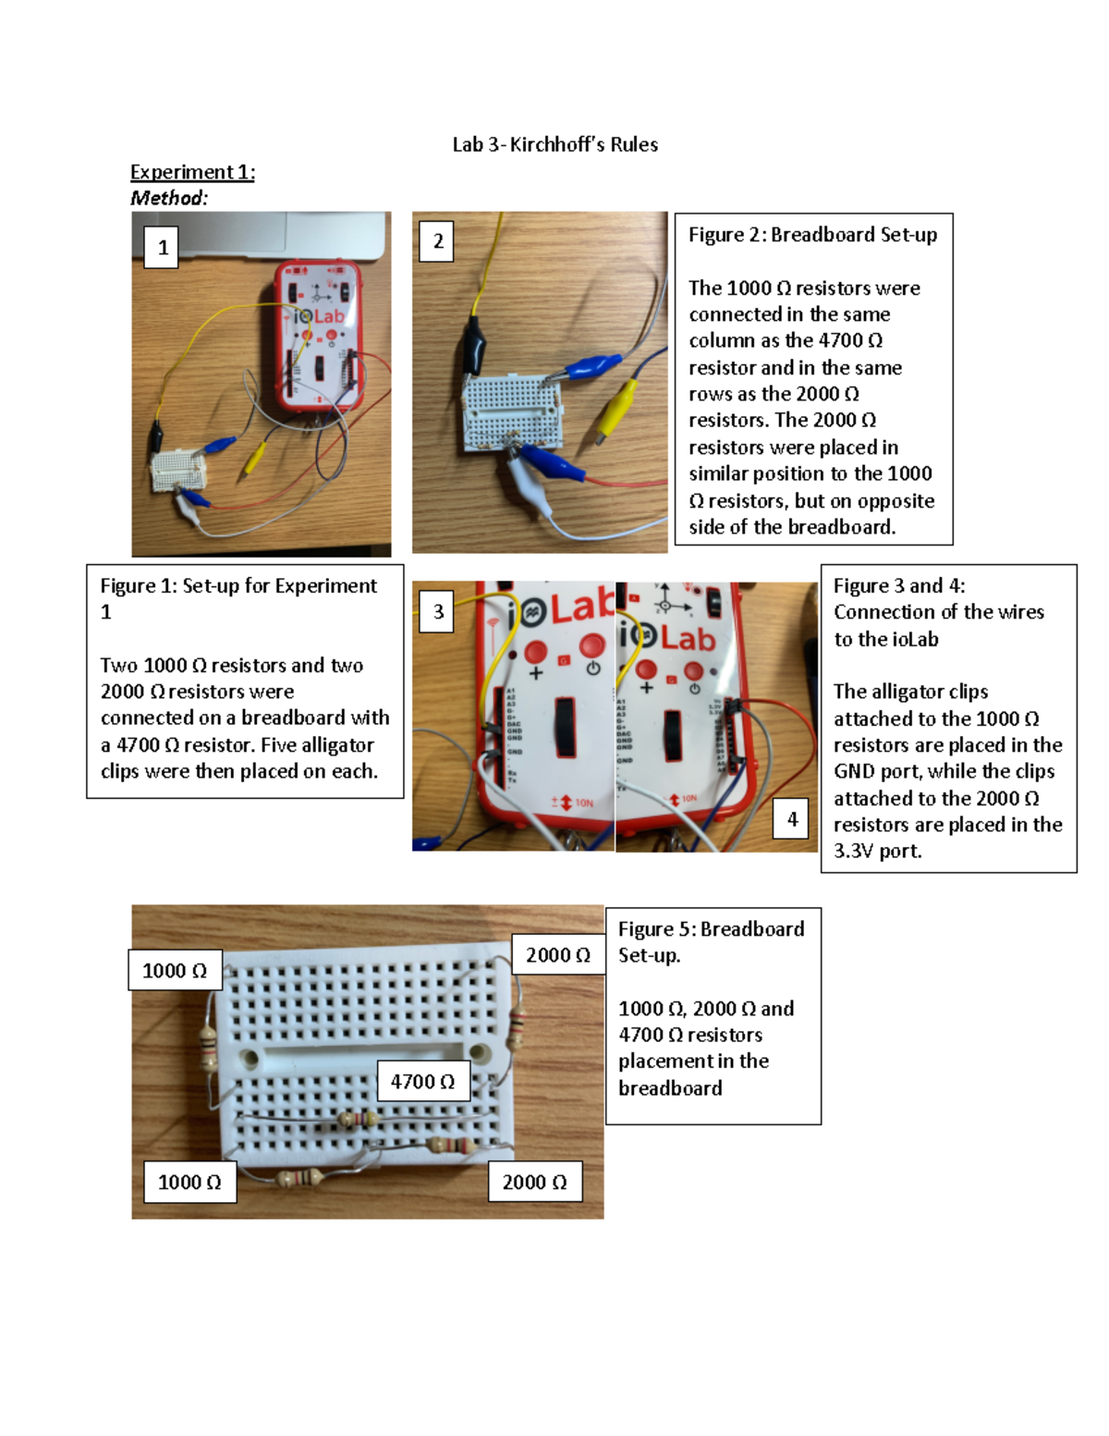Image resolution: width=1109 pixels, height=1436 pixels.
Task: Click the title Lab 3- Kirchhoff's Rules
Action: coord(554,144)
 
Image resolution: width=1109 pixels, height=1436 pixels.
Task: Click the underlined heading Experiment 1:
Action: coord(192,172)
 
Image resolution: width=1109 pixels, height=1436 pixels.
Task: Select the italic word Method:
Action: coord(169,198)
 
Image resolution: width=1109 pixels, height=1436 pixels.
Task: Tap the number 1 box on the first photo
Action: coord(162,247)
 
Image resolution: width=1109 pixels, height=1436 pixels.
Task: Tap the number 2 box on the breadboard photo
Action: coord(437,240)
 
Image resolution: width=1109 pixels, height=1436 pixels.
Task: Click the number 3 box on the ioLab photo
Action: coord(437,611)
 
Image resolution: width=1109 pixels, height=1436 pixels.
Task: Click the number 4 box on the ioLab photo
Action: coord(792,818)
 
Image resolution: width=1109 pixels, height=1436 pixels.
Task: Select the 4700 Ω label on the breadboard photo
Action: coord(422,1081)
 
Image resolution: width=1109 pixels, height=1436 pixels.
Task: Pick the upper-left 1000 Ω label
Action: coord(175,970)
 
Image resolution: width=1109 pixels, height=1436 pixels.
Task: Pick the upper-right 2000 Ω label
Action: coord(558,954)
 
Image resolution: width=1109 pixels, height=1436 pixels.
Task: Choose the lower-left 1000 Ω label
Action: coord(189,1182)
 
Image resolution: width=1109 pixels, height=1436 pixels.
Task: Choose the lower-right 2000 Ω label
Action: coord(534,1182)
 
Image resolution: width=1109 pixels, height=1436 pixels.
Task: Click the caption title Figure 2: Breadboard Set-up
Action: coord(812,235)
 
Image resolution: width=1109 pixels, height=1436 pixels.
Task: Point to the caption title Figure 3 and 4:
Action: coord(898,585)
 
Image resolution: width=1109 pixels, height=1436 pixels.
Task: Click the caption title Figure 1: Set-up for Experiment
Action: coord(238,585)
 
